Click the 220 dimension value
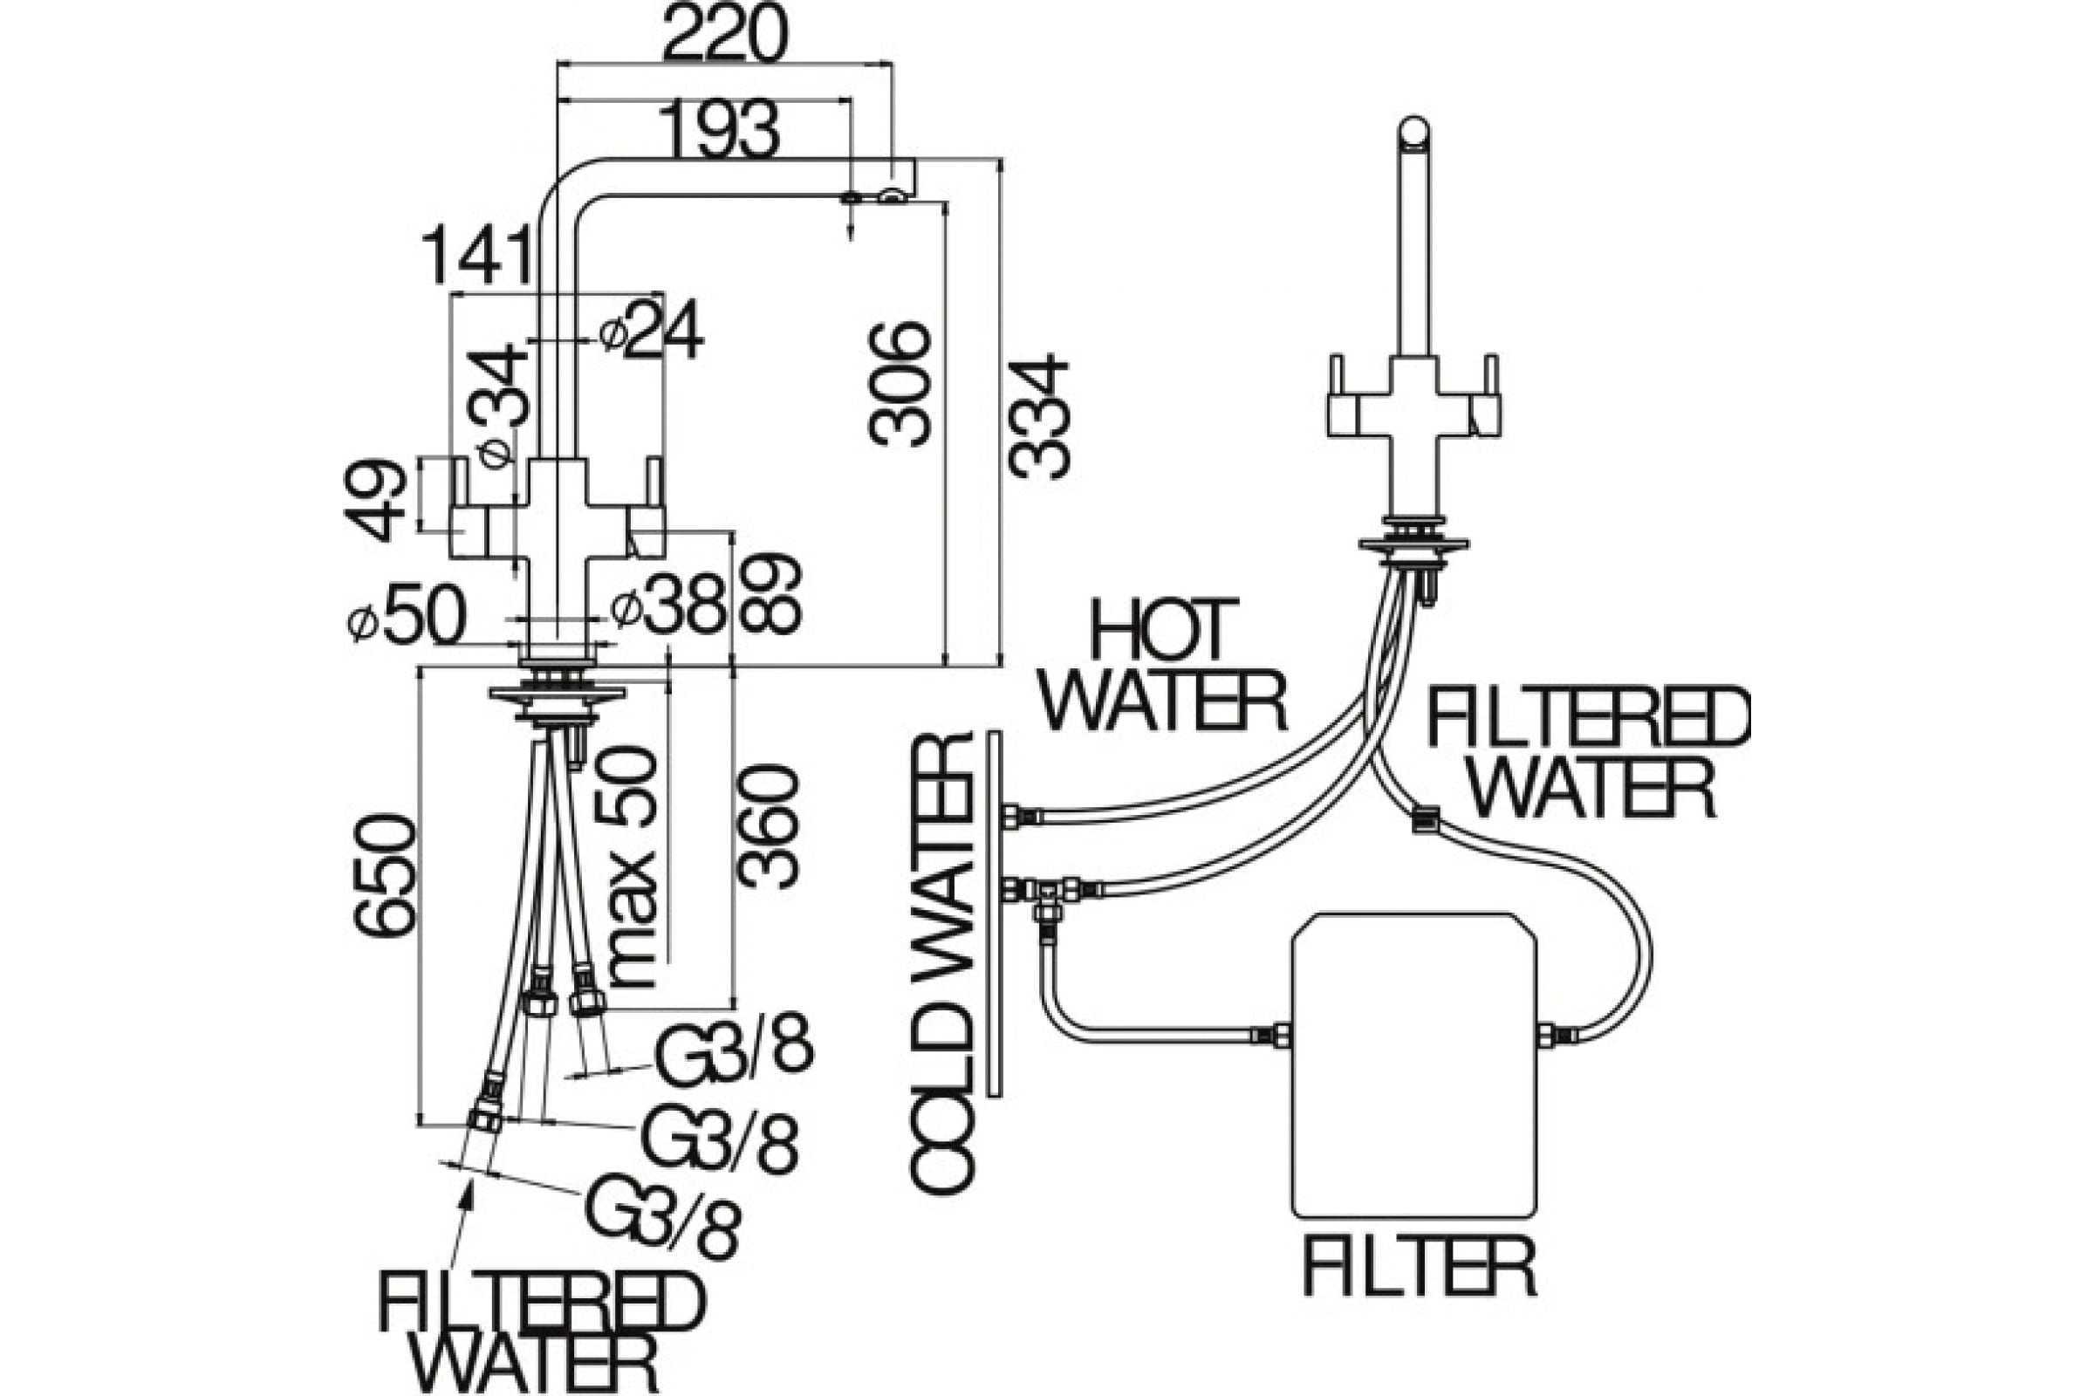coord(724,34)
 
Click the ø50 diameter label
coord(407,617)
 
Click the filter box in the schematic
coord(1413,1065)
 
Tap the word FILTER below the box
coord(1420,1267)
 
